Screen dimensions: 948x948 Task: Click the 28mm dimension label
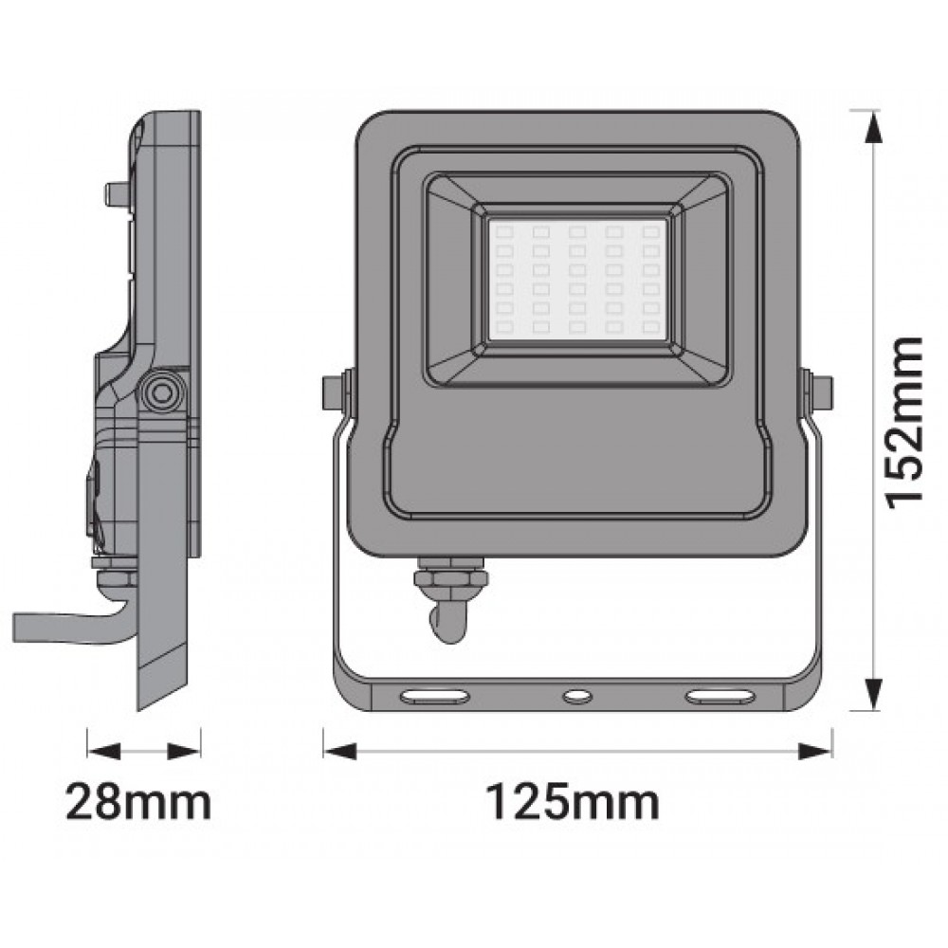138,802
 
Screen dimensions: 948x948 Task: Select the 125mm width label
573,802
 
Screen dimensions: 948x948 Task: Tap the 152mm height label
903,423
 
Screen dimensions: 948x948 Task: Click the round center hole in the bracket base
577,697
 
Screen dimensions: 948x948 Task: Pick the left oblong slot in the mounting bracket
435,697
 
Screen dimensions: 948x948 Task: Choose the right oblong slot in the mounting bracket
720,697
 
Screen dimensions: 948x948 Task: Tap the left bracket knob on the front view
334,392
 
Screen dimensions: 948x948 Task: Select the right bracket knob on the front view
821,392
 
